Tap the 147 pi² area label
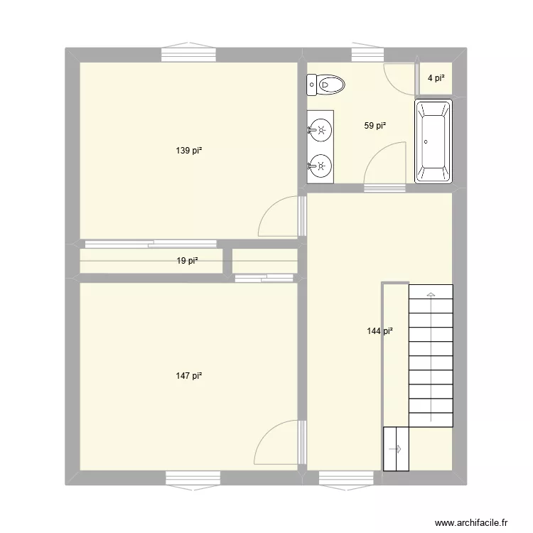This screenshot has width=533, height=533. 189,376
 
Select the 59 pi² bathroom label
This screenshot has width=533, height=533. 375,126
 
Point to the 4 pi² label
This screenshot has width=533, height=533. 436,77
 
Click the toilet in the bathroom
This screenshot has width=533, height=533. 325,85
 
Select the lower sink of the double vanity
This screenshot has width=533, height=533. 321,166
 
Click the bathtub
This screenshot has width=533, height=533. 433,141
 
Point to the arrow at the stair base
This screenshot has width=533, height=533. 396,448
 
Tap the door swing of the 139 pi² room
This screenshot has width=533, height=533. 279,217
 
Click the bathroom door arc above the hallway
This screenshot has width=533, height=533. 384,163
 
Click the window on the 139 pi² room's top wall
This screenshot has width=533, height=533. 188,54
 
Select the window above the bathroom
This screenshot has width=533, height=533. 368,54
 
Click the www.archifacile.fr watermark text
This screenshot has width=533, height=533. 470,522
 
